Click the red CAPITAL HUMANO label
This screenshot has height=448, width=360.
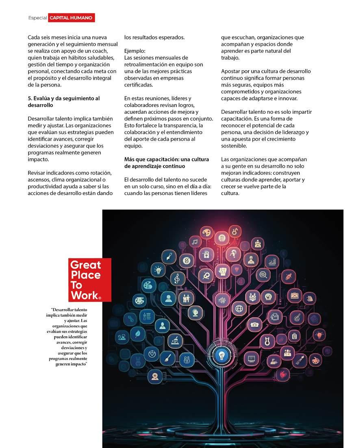72,18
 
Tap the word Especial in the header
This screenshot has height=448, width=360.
37,18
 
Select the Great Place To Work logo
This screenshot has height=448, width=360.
89,280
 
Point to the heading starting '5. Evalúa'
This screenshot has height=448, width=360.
64,102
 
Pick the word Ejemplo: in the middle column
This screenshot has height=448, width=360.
134,51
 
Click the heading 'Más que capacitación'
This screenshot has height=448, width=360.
167,163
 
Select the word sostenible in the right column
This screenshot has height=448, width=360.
234,146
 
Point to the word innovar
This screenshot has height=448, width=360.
287,98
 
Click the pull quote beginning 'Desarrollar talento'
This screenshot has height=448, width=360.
67,337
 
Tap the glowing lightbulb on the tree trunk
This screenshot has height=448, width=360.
222,354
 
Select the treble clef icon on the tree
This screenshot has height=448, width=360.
177,278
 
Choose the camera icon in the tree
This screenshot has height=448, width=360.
255,324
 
